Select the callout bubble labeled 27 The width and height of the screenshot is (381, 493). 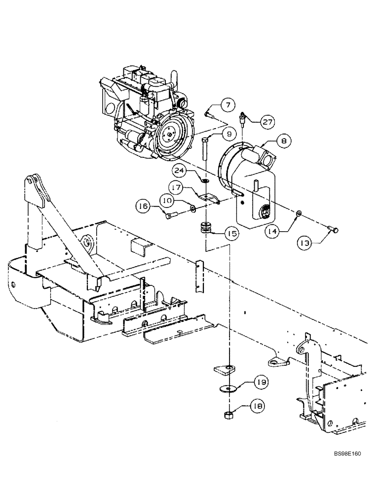(267, 121)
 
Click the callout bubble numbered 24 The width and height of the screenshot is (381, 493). (180, 171)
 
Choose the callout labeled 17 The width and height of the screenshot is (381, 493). (177, 188)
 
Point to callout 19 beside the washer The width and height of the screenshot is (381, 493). (261, 382)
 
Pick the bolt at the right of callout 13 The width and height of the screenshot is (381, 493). (334, 228)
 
